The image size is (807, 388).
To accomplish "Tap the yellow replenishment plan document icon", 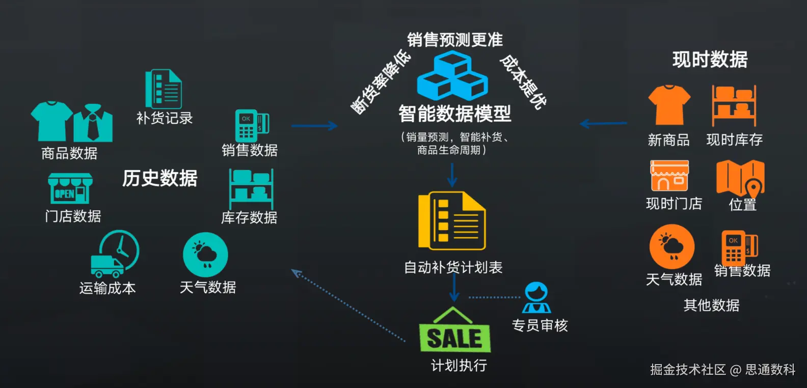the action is [x=452, y=220].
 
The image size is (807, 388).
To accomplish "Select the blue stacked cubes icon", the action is [x=452, y=76].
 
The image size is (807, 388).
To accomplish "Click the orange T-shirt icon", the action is [x=669, y=105].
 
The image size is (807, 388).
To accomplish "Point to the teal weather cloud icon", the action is [x=205, y=255].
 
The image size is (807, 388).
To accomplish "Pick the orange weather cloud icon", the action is [x=672, y=246].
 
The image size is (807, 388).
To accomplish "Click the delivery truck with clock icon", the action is [x=115, y=254].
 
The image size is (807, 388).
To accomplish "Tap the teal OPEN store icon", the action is [x=70, y=188].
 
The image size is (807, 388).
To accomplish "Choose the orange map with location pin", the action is [x=740, y=178].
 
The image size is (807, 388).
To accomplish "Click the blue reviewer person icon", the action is [x=536, y=297].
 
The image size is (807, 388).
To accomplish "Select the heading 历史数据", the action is [x=159, y=178].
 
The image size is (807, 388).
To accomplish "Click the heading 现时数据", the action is [x=710, y=60].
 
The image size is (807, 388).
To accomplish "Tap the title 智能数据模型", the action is [x=454, y=113].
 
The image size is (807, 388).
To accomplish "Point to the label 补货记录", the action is [x=165, y=118].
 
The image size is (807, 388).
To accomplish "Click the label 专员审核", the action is [x=540, y=325].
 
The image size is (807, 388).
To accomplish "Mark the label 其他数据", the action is [x=711, y=305].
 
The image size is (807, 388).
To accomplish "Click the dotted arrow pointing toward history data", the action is [x=348, y=305].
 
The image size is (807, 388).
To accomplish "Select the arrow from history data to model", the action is [x=314, y=126].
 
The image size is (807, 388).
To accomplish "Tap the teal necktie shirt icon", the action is [x=93, y=123].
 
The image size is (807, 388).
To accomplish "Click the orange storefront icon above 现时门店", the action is [x=669, y=176].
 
